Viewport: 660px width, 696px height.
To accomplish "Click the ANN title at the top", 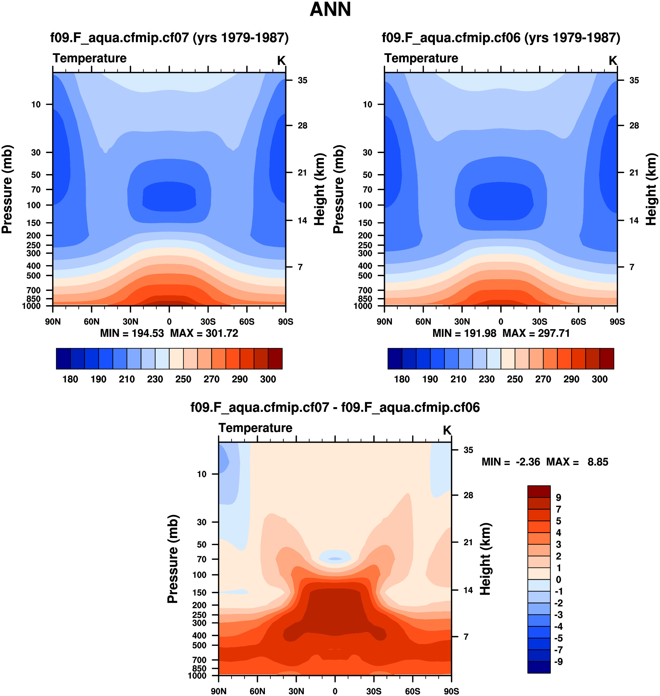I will pyautogui.click(x=330, y=10).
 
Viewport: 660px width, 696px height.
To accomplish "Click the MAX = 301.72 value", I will pyautogui.click(x=204, y=333).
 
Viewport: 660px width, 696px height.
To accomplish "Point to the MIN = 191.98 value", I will pyautogui.click(x=464, y=333).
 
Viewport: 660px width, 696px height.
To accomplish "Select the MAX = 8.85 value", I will pyautogui.click(x=577, y=462).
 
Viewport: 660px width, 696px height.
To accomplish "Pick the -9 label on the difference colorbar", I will pyautogui.click(x=558, y=662).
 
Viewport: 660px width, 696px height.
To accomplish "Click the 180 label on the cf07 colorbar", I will pyautogui.click(x=70, y=379).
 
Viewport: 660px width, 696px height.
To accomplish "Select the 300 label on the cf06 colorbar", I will pyautogui.click(x=600, y=379).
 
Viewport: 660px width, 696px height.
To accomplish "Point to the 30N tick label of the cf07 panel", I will pyautogui.click(x=130, y=322).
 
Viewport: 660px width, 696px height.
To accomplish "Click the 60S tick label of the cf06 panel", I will pyautogui.click(x=579, y=322).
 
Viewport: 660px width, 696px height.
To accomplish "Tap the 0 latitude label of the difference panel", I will pyautogui.click(x=335, y=691).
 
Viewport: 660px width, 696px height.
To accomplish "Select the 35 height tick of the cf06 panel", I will pyautogui.click(x=634, y=81).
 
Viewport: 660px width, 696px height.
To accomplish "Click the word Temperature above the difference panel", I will pyautogui.click(x=256, y=428).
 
